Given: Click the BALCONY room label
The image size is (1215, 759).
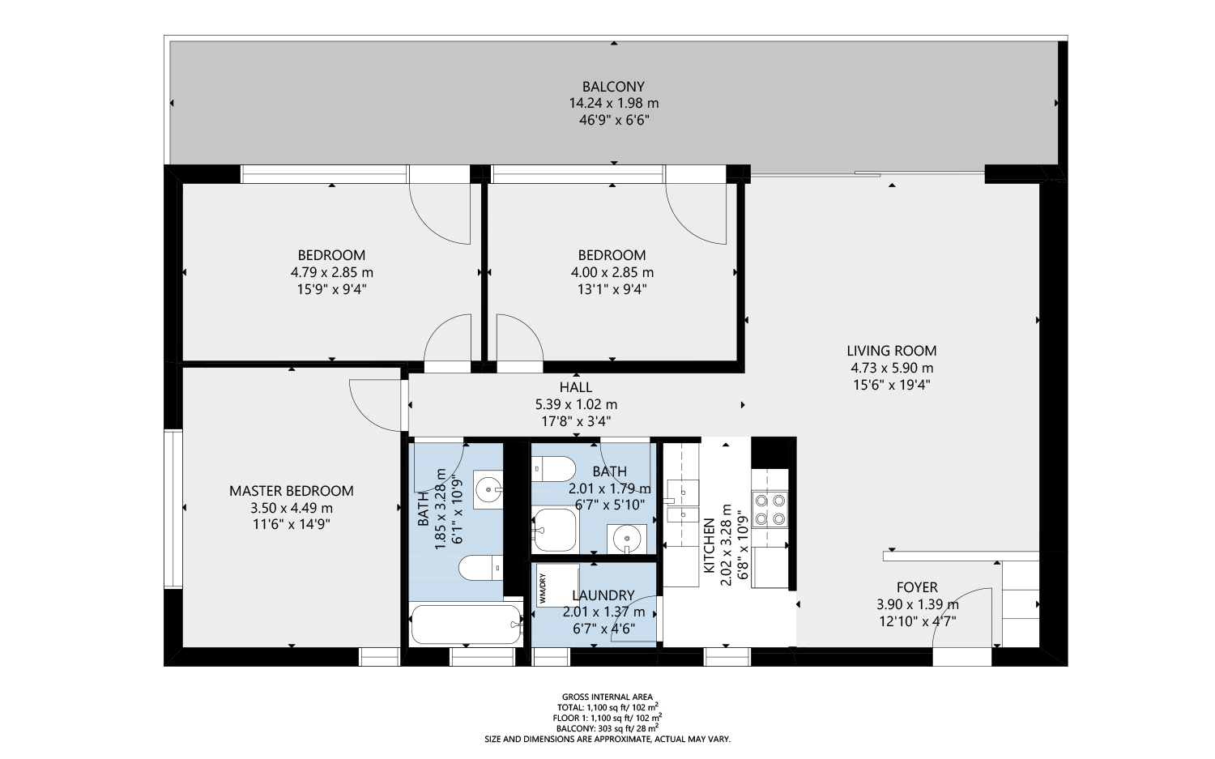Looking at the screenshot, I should [613, 87].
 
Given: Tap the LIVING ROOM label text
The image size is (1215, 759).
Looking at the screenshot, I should [891, 351].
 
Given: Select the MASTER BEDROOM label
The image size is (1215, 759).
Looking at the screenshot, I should [291, 491].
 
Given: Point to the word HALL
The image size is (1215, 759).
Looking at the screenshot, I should [575, 387].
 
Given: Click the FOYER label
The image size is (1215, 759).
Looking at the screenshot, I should [917, 587].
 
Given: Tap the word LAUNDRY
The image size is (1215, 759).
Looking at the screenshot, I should [603, 595].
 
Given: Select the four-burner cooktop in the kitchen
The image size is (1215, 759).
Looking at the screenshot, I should [769, 509].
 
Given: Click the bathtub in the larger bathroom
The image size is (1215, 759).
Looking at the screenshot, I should [466, 624].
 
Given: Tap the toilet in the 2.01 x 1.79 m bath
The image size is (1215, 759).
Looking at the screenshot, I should [554, 469].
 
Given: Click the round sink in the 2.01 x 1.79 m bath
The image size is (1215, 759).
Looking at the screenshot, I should [626, 538].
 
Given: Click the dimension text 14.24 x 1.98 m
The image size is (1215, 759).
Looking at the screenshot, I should [613, 104].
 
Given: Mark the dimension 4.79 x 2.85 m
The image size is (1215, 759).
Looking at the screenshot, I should [331, 273].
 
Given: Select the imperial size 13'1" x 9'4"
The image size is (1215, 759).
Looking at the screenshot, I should [612, 289].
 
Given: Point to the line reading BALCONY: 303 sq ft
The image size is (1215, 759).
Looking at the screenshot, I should [607, 728].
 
